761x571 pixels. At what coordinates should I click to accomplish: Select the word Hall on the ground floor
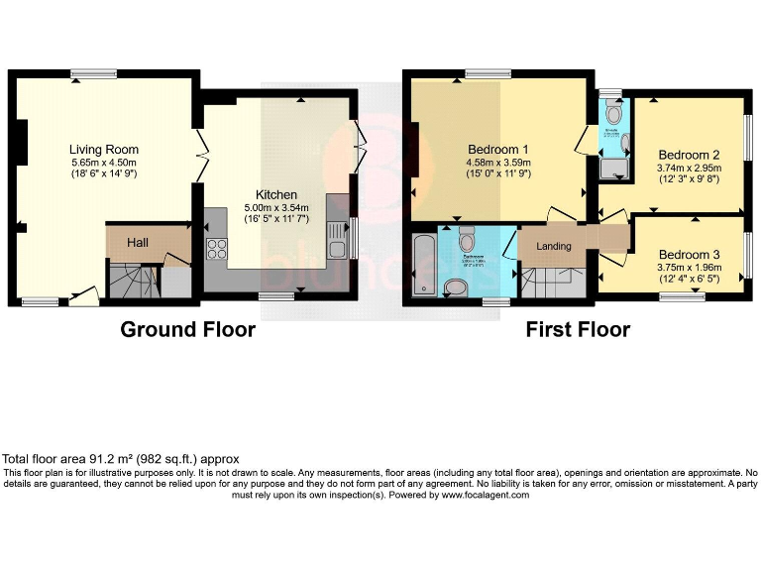pyautogui.click(x=137, y=242)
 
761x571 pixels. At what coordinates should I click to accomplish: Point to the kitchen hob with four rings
pyautogui.click(x=217, y=248)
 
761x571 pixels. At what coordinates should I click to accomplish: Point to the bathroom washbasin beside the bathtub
pyautogui.click(x=457, y=287)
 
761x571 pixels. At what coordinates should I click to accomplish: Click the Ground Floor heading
pyautogui.click(x=187, y=329)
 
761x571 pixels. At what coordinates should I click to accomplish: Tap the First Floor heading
pyautogui.click(x=578, y=329)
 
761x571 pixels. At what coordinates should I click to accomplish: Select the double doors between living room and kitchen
pyautogui.click(x=201, y=160)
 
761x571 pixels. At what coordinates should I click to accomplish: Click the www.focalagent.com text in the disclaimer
pyautogui.click(x=486, y=495)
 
